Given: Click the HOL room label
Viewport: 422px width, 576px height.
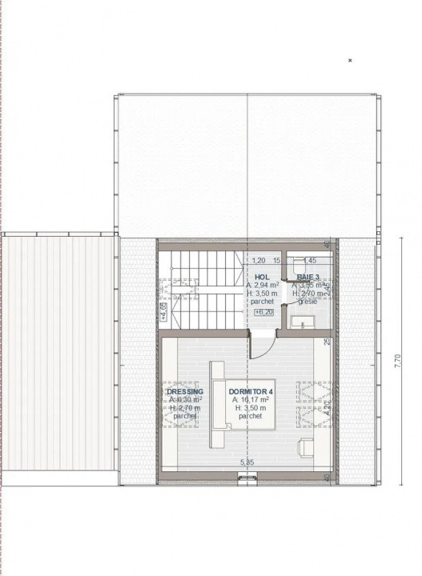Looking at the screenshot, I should click(262, 276).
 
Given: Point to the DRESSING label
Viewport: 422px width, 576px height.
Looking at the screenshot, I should click(183, 391).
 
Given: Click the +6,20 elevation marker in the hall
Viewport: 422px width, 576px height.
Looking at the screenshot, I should click(263, 312).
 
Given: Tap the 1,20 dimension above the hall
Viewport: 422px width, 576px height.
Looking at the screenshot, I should click(259, 260).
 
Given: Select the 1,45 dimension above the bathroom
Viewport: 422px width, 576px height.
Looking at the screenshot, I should click(310, 260).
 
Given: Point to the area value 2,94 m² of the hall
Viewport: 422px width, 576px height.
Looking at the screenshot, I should click(262, 285).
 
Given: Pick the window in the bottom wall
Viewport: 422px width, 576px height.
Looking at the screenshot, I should click(247, 478).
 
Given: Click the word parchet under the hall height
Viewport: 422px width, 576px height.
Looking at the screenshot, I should click(262, 302).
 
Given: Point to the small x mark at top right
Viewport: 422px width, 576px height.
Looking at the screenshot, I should click(350, 60).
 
